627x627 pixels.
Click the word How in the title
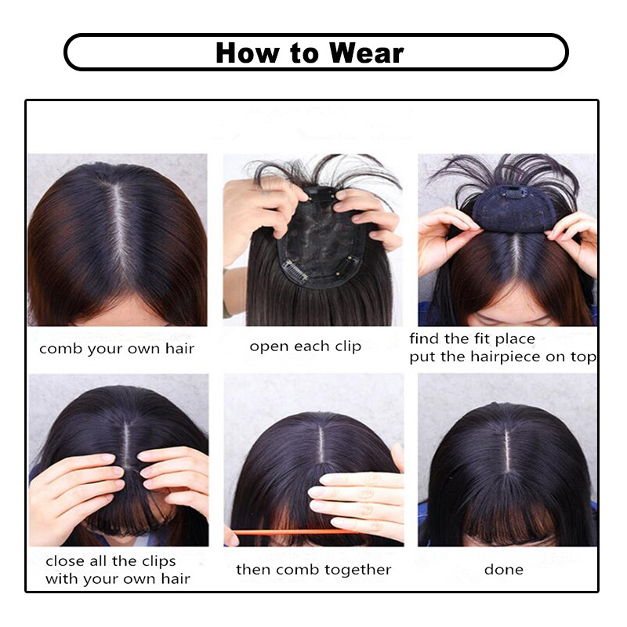(x=245, y=53)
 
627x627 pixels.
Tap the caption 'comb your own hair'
(x=117, y=349)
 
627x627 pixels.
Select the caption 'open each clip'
(x=306, y=346)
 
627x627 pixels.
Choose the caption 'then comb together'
(x=313, y=570)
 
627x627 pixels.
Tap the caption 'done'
(x=503, y=570)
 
